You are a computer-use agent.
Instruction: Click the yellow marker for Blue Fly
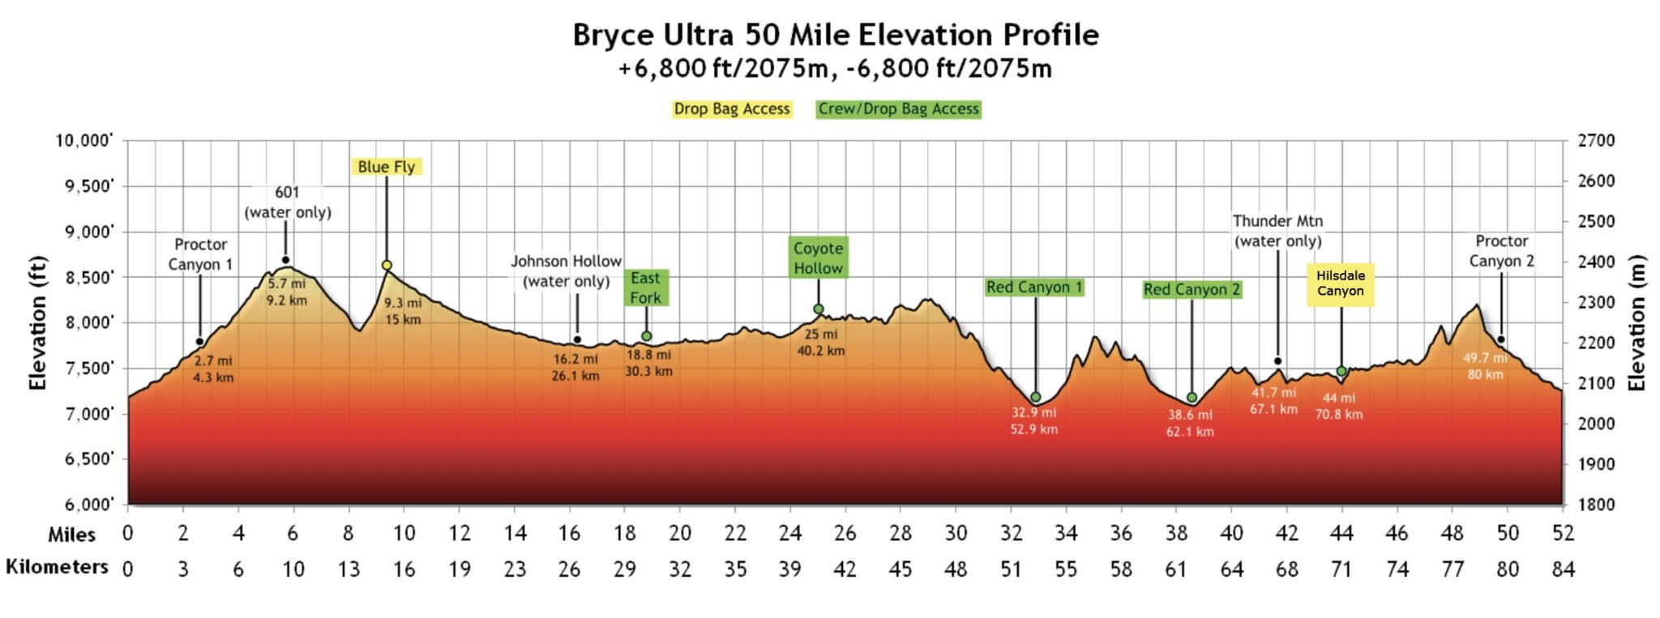pos(387,266)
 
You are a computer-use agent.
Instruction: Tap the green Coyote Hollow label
pos(818,258)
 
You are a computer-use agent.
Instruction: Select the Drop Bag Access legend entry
pos(731,109)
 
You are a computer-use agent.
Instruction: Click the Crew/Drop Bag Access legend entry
pos(898,109)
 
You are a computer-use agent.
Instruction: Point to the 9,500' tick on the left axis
pos(84,186)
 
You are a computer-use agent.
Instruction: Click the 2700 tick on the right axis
pos(1595,141)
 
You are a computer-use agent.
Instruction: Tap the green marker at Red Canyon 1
pos(1035,398)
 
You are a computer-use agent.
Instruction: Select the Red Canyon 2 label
pos(1192,290)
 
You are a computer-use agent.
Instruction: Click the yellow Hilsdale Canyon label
pos(1340,283)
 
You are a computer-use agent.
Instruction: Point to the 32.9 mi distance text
pos(1033,412)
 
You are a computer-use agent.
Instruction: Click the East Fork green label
pos(646,288)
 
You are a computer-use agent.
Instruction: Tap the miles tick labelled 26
pos(845,534)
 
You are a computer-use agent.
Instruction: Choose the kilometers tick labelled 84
pos(1563,569)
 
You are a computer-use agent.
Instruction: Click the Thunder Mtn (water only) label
pos(1277,231)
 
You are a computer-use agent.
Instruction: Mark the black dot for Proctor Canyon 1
pos(199,342)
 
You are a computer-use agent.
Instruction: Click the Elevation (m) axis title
pos(1637,322)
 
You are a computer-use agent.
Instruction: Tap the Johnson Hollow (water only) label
pos(566,271)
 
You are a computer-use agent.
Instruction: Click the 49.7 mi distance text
pos(1484,358)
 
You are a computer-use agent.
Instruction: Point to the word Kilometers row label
pos(57,567)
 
